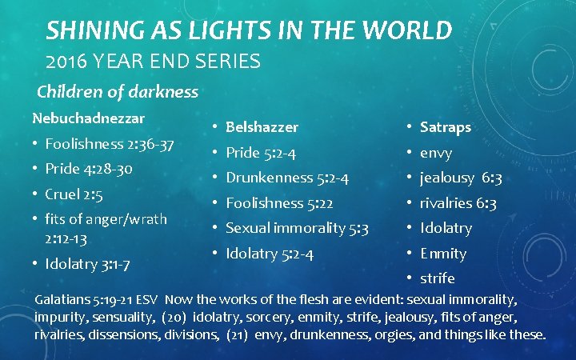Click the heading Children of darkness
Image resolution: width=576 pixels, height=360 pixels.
(118, 92)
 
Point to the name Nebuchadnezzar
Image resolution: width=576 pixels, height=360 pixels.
(88, 118)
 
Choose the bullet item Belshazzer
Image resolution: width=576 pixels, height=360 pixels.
(262, 127)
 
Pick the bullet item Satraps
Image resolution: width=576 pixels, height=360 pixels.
(446, 127)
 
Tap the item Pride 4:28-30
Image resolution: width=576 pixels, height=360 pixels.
(89, 170)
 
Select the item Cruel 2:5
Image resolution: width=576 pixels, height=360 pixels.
(74, 194)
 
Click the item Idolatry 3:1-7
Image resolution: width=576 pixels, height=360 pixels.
(87, 264)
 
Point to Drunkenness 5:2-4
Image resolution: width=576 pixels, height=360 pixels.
(287, 178)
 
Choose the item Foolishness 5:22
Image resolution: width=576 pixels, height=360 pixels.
(279, 203)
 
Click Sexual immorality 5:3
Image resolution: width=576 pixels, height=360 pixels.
(297, 228)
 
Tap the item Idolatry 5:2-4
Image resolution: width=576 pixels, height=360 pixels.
(270, 254)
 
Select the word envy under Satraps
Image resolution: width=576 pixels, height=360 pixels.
(436, 153)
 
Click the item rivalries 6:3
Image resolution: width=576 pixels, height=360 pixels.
(458, 203)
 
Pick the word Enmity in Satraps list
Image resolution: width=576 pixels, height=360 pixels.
(443, 254)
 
